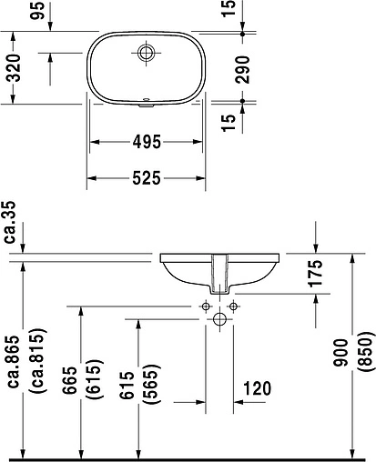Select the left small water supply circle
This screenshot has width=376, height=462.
coord(207,306)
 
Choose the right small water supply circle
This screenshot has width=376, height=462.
coord(232,306)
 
